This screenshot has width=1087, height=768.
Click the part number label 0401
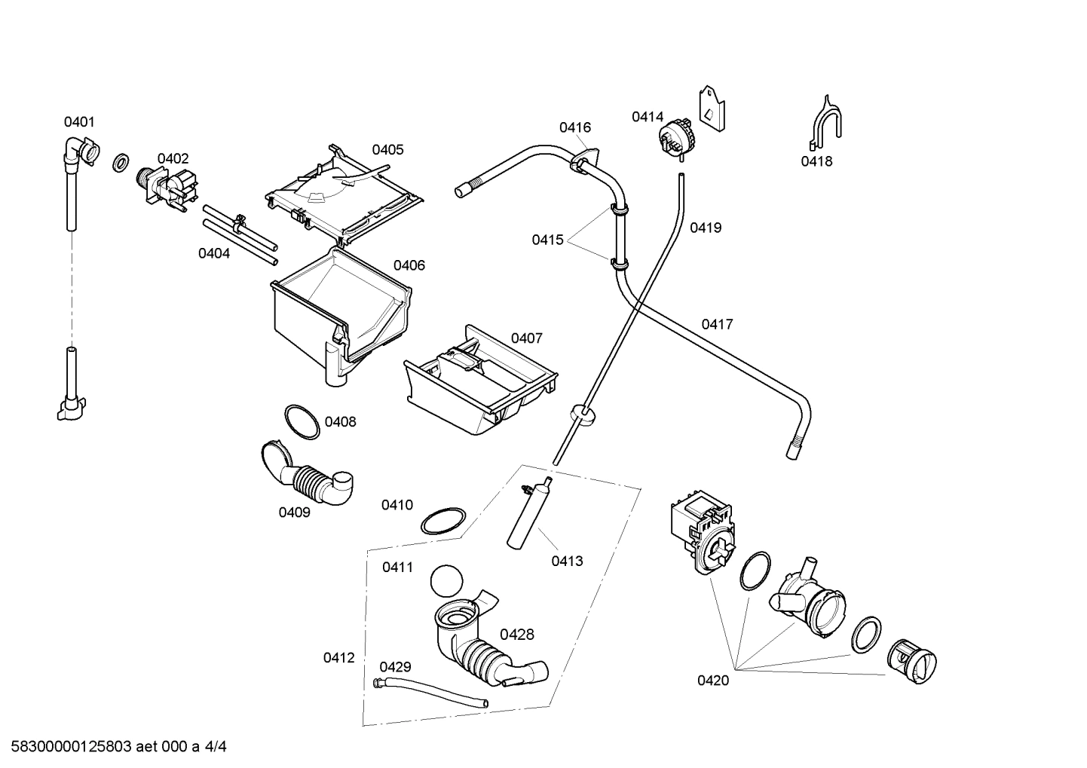click(x=79, y=122)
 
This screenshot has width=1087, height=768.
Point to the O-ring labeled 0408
click(x=302, y=422)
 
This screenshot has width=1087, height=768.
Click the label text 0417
click(x=717, y=325)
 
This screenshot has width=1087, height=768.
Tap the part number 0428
click(x=516, y=635)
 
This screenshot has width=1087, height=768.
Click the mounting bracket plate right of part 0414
click(x=712, y=109)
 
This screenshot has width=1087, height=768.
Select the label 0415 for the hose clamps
click(x=547, y=240)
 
